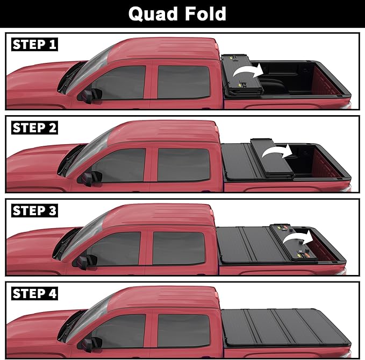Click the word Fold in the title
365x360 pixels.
[205, 13]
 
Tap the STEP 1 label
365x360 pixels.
[34, 45]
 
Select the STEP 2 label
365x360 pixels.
[34, 128]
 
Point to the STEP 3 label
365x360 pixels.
[34, 211]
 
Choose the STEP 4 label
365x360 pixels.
[34, 294]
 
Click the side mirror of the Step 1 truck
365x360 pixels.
[89, 95]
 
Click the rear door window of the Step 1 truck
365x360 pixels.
[183, 82]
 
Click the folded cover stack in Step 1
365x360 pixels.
[237, 75]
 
